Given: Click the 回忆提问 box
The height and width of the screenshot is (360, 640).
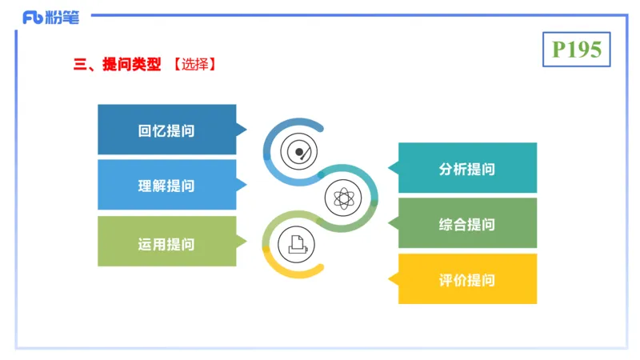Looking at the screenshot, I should (166, 130).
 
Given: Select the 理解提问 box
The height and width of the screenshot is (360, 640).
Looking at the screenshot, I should (166, 185).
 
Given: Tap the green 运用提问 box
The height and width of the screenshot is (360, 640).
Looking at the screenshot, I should (166, 241).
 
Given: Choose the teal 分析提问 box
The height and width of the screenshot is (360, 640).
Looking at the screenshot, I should (467, 168).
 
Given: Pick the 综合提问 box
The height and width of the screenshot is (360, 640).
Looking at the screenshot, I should (467, 223).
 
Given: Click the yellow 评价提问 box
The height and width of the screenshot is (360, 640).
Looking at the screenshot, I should (467, 279).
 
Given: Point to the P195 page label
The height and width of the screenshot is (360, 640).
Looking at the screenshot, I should (576, 50).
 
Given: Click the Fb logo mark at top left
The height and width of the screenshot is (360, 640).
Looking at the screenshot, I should (32, 17).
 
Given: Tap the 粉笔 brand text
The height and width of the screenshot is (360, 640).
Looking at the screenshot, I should (63, 17).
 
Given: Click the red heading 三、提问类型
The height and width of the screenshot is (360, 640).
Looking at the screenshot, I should (117, 65).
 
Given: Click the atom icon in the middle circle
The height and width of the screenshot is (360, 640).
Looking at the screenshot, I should (342, 196).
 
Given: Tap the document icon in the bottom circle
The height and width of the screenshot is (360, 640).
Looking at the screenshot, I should (295, 242).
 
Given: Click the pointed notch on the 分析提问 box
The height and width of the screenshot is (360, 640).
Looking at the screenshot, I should (392, 168).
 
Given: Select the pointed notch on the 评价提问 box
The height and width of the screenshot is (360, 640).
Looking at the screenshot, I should (392, 279).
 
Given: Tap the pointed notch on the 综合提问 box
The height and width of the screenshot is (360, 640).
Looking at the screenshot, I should (392, 223).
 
